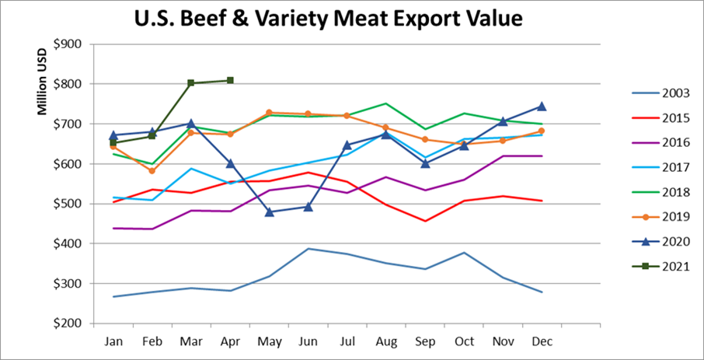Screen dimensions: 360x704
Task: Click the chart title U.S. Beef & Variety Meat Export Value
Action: click(x=351, y=17)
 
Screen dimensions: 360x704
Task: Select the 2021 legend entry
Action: click(x=666, y=267)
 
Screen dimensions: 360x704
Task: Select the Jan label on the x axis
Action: click(x=113, y=341)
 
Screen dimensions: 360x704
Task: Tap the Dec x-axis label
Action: click(x=542, y=341)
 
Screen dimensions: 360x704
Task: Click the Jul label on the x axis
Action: click(x=347, y=341)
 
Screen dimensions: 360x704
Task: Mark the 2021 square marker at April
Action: click(x=230, y=80)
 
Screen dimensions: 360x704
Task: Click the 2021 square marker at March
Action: click(x=191, y=82)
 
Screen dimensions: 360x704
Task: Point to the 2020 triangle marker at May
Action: click(x=269, y=211)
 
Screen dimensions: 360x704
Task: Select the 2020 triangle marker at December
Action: click(x=542, y=106)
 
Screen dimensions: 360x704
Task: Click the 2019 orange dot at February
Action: click(x=152, y=171)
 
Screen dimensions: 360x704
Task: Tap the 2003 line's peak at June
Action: click(x=308, y=249)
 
